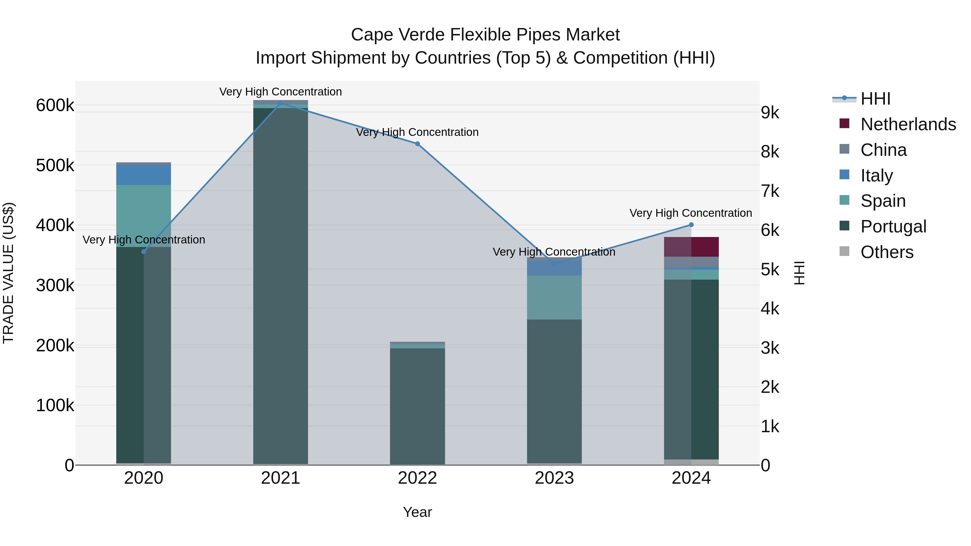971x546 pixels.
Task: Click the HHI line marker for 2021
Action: (x=281, y=103)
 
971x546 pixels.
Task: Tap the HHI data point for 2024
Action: (x=691, y=225)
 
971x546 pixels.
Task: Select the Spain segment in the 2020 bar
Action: (x=143, y=216)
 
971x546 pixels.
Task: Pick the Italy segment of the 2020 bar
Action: (x=143, y=175)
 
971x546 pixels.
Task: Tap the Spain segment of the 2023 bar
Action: (x=554, y=298)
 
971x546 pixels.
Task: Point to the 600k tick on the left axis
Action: (x=55, y=105)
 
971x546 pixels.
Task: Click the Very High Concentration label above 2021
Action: (x=281, y=92)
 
